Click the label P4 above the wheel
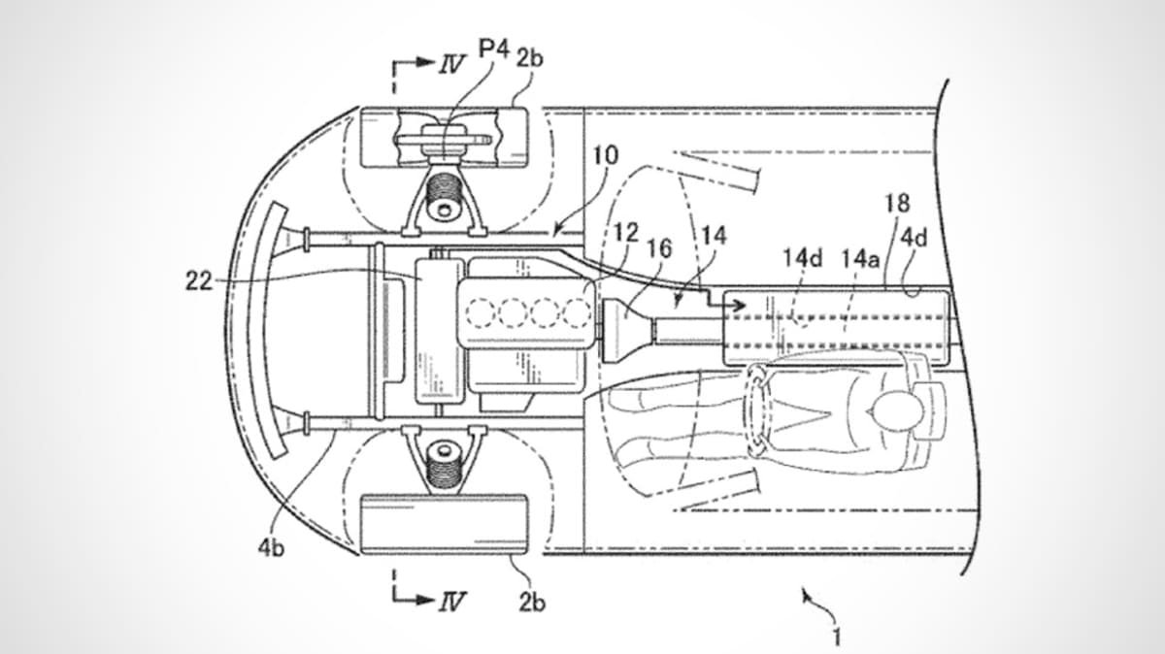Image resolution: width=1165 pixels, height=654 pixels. tap(493, 49)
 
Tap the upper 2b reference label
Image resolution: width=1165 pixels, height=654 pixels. tap(529, 57)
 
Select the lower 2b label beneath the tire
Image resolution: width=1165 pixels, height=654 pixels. tap(532, 603)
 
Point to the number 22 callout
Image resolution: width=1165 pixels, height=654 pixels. tap(199, 281)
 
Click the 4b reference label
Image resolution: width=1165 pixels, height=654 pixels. tap(272, 548)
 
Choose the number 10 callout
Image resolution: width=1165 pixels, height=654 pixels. tap(606, 155)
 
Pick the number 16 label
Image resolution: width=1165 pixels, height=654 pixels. tap(660, 249)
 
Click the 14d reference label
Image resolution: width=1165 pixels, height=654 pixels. tap(803, 258)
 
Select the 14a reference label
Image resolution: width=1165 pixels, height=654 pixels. tap(861, 258)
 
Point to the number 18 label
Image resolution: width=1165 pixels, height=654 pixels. tap(898, 203)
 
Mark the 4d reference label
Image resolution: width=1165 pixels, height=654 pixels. tap(914, 238)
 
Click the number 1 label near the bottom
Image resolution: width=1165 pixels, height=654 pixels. tap(837, 637)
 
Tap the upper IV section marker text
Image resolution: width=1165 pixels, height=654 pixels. tap(451, 65)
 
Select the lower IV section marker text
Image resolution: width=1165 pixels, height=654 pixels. tap(451, 602)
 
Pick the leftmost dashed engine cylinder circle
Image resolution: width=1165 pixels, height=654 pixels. tap(482, 312)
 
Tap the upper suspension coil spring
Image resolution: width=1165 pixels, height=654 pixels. tap(444, 186)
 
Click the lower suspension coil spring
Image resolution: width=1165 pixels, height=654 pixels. tap(444, 471)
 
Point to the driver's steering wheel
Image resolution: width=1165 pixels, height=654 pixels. tap(759, 411)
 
